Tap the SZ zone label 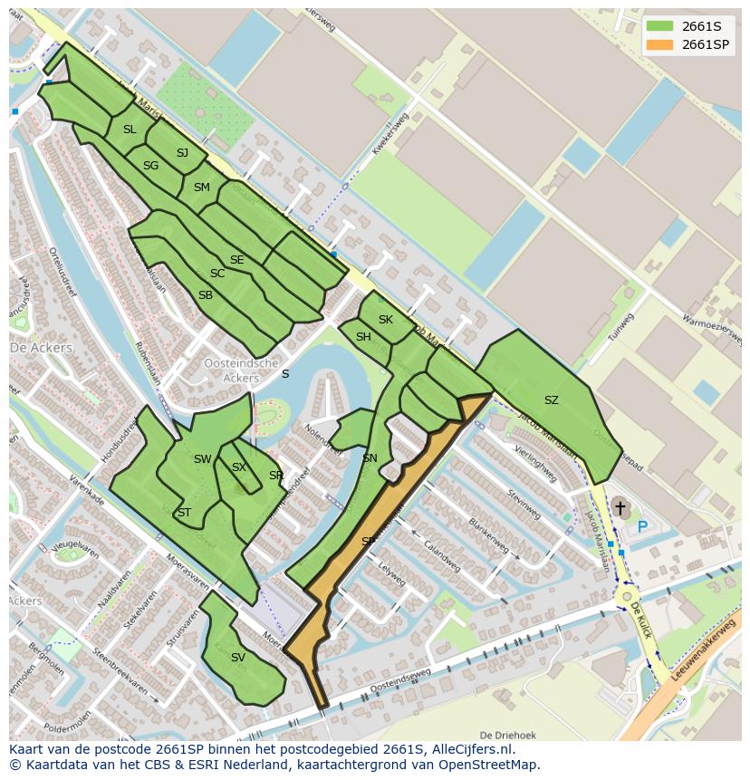coord(552,400)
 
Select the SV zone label coord(238,658)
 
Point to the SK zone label coord(386,320)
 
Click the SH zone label coord(363,337)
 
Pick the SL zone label coord(130,130)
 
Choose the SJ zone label coord(182,152)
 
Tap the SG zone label coord(150,166)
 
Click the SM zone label coord(201,188)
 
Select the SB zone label coord(206,295)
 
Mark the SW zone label coord(202,459)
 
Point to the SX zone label coord(239,467)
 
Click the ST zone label coord(184,512)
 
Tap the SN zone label coord(370,458)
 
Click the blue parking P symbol coord(642,526)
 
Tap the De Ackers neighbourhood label coord(34,348)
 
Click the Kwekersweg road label coord(393,135)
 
